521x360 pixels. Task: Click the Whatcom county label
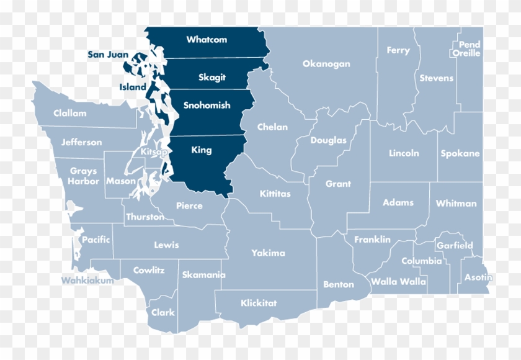coord(207,40)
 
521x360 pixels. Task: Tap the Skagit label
coord(212,78)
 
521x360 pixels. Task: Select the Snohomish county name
coord(207,106)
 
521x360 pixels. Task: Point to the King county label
coord(202,150)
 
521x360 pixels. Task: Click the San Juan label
coord(108,55)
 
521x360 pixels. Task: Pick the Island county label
coord(133,88)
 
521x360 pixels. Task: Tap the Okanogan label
coord(326,64)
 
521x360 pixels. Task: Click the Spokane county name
coord(460,153)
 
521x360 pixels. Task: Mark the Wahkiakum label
coord(87,281)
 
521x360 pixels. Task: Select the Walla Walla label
coord(398,282)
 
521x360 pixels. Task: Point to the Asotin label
coord(478,277)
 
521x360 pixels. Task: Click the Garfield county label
coord(455,246)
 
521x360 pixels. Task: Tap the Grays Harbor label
coord(84,176)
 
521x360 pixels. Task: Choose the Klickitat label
coord(259,304)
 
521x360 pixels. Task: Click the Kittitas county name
coord(275,194)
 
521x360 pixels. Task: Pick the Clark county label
coord(163,313)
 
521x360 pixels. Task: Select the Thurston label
coord(145,217)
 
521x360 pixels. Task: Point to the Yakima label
coord(268,253)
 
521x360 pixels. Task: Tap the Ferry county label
coord(398,51)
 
